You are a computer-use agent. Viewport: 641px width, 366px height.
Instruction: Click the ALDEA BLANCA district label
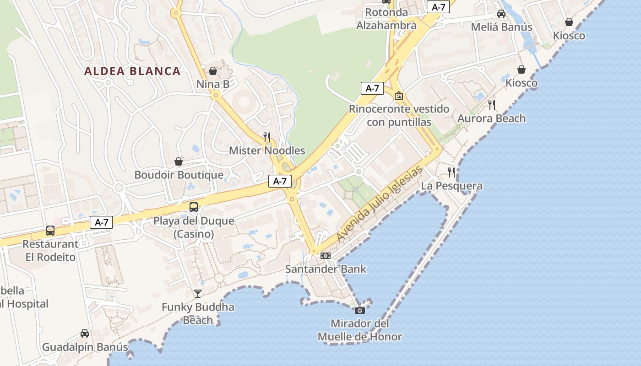pos(133,71)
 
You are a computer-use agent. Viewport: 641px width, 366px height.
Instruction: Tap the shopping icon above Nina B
pos(213,71)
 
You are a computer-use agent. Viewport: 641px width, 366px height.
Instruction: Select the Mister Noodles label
pos(267,151)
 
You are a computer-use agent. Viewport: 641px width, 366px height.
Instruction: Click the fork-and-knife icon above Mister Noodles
pos(267,137)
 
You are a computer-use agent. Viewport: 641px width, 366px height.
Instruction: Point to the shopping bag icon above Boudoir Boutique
pos(179,161)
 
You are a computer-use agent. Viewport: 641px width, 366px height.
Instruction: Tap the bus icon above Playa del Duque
pos(194,207)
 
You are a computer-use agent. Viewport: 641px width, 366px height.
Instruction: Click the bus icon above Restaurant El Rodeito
pos(50,231)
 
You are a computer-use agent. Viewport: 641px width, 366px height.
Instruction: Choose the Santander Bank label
pos(326,269)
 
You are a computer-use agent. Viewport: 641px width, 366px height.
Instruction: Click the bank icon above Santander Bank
pos(326,256)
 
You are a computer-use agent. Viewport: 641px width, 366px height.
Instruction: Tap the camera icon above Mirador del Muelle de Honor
pos(359,310)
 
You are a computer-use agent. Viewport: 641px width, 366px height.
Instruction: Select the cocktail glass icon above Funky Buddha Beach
pos(198,293)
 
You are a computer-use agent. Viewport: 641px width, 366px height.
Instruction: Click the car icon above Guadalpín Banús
pos(85,334)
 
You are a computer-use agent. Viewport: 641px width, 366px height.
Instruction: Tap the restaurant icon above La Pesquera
pos(451,172)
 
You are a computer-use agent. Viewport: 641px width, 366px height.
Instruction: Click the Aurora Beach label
pos(492,118)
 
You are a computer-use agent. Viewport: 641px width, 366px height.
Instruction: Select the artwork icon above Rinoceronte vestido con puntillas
pos(399,96)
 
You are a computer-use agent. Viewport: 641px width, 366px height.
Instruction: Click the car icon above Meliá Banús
pos(501,14)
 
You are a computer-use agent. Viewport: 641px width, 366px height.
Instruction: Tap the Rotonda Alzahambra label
pos(386,19)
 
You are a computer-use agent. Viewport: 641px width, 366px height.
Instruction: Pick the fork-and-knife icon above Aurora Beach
pos(492,105)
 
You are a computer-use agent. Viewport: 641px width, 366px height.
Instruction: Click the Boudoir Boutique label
pos(179,175)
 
